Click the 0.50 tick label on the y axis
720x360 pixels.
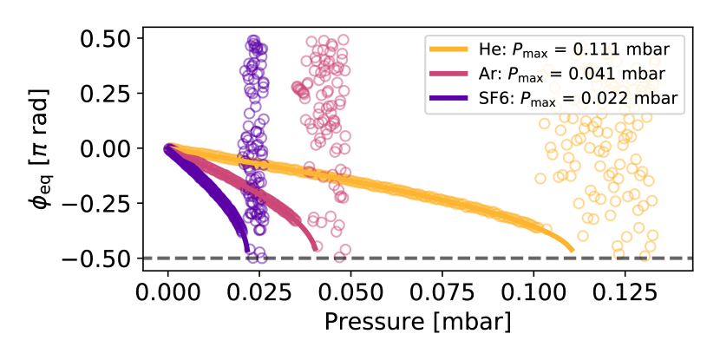pos(106,39)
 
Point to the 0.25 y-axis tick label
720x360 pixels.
pos(106,94)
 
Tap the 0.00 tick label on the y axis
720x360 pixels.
pos(106,148)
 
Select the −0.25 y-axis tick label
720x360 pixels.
pos(99,204)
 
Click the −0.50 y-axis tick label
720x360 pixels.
pos(99,259)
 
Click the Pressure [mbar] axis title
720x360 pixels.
pos(417,322)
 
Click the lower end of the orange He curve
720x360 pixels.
pos(572,250)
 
